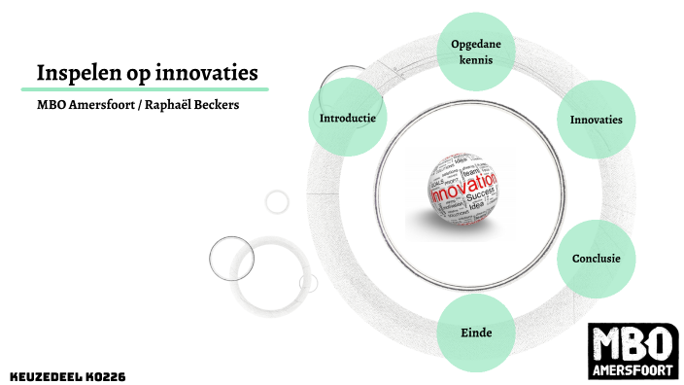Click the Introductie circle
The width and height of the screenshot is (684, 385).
click(x=347, y=118)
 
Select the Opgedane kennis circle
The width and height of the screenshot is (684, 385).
click(x=476, y=51)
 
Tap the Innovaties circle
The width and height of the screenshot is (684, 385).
click(x=596, y=119)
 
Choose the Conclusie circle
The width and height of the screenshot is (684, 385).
click(x=596, y=259)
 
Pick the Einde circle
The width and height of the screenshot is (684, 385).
click(x=476, y=333)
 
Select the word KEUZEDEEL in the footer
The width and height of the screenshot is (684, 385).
click(x=43, y=375)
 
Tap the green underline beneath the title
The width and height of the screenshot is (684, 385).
click(x=145, y=89)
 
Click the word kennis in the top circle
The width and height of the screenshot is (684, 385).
click(x=476, y=59)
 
